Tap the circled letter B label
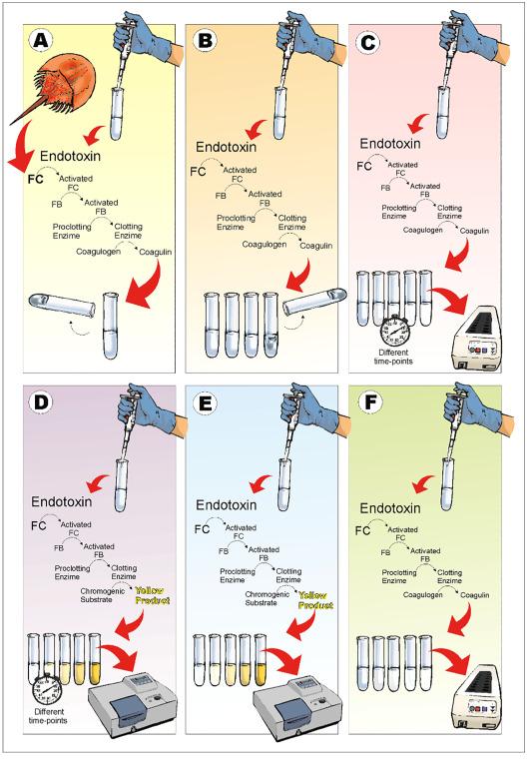pyautogui.click(x=206, y=41)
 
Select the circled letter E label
pyautogui.click(x=206, y=403)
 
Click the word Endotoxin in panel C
pyautogui.click(x=390, y=144)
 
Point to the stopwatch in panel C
pyautogui.click(x=395, y=331)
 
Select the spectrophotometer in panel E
pyautogui.click(x=297, y=705)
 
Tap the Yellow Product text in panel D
pyautogui.click(x=153, y=595)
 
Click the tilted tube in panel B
pyautogui.click(x=314, y=301)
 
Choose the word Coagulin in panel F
pyautogui.click(x=475, y=595)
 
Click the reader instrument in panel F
pyautogui.click(x=476, y=702)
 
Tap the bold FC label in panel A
pyautogui.click(x=35, y=179)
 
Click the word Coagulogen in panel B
pyautogui.click(x=265, y=244)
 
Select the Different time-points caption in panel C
pyautogui.click(x=393, y=357)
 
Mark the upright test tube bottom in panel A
pyautogui.click(x=111, y=356)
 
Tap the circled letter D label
pyautogui.click(x=42, y=403)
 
